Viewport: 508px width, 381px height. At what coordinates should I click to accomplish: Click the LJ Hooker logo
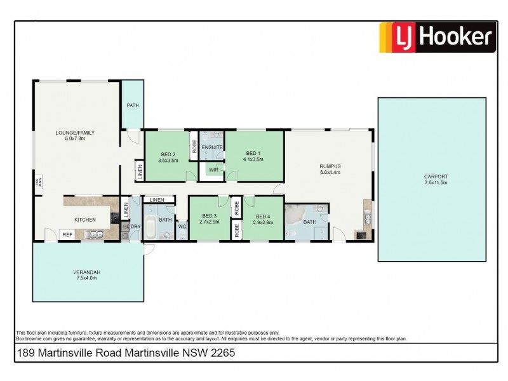tap(436, 36)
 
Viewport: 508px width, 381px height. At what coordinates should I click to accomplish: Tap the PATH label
tap(132, 105)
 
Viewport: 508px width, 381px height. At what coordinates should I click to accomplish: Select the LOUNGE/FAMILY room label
tap(75, 133)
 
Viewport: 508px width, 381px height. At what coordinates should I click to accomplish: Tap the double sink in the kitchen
tap(95, 235)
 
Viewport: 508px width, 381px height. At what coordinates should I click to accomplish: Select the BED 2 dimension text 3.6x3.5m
tap(168, 161)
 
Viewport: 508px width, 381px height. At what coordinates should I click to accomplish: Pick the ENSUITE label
tap(211, 147)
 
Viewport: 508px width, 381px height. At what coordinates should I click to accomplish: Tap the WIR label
tap(211, 170)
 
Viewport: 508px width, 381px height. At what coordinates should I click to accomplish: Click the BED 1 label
tap(253, 154)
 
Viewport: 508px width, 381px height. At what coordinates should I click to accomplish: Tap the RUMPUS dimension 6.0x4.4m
tap(330, 172)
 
